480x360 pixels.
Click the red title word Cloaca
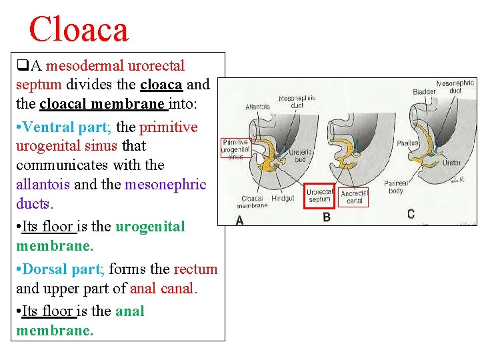[x=79, y=30]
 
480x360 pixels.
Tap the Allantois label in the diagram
[x=257, y=107]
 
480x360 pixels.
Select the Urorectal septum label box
[x=319, y=195]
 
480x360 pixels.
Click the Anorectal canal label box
[x=354, y=197]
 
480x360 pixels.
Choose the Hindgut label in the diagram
[x=283, y=199]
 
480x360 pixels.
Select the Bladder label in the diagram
[x=424, y=91]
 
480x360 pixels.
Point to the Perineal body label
[x=396, y=187]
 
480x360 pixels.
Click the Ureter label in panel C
[x=452, y=163]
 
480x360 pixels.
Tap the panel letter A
[x=239, y=220]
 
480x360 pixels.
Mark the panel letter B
[x=327, y=217]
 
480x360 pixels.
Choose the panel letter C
[x=411, y=213]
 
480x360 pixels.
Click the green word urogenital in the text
[x=150, y=227]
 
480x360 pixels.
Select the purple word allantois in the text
[x=43, y=185]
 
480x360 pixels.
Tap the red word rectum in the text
[x=195, y=269]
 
